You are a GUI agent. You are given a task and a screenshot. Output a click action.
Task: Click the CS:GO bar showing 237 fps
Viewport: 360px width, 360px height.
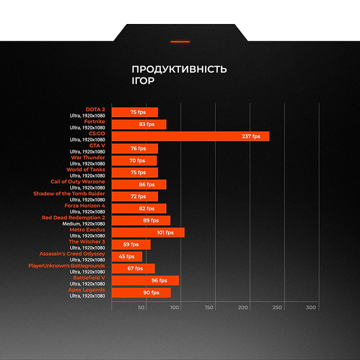click(190, 136)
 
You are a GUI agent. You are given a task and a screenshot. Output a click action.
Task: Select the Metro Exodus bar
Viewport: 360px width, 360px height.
click(148, 232)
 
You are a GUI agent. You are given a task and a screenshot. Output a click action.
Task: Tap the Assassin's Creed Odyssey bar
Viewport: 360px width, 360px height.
click(127, 256)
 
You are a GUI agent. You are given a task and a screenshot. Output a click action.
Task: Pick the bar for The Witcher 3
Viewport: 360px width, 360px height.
click(131, 244)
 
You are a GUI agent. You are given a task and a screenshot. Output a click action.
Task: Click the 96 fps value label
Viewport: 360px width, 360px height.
click(159, 280)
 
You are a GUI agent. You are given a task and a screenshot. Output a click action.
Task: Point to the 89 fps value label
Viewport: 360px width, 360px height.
click(151, 220)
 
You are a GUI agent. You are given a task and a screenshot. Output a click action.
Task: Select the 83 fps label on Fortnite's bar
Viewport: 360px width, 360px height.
click(146, 124)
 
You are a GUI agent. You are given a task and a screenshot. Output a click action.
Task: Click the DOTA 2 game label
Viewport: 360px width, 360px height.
click(95, 109)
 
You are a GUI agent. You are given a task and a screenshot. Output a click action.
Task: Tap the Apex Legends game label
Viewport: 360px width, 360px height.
click(87, 289)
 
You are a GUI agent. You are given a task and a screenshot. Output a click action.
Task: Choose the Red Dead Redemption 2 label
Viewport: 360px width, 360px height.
click(73, 217)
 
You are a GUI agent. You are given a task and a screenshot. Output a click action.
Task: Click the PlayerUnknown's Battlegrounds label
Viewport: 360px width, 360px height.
click(67, 265)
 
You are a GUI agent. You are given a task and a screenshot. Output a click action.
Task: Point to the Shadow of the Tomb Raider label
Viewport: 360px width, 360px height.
click(69, 193)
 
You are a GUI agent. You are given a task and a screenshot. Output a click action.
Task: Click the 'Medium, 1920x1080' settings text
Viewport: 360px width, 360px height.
click(85, 224)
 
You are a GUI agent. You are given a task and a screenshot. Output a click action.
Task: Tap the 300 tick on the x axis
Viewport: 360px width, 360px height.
click(311, 307)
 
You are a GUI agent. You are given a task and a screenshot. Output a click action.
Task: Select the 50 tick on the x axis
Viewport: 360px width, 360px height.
click(142, 307)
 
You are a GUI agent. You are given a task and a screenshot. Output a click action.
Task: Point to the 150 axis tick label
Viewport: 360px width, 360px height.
click(209, 307)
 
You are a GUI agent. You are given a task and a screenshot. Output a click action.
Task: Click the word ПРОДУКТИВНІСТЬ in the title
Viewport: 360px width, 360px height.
click(179, 69)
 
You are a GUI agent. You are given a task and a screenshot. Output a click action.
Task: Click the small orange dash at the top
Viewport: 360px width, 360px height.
click(180, 41)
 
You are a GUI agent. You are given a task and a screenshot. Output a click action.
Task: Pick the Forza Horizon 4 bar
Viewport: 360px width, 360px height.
click(139, 208)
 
